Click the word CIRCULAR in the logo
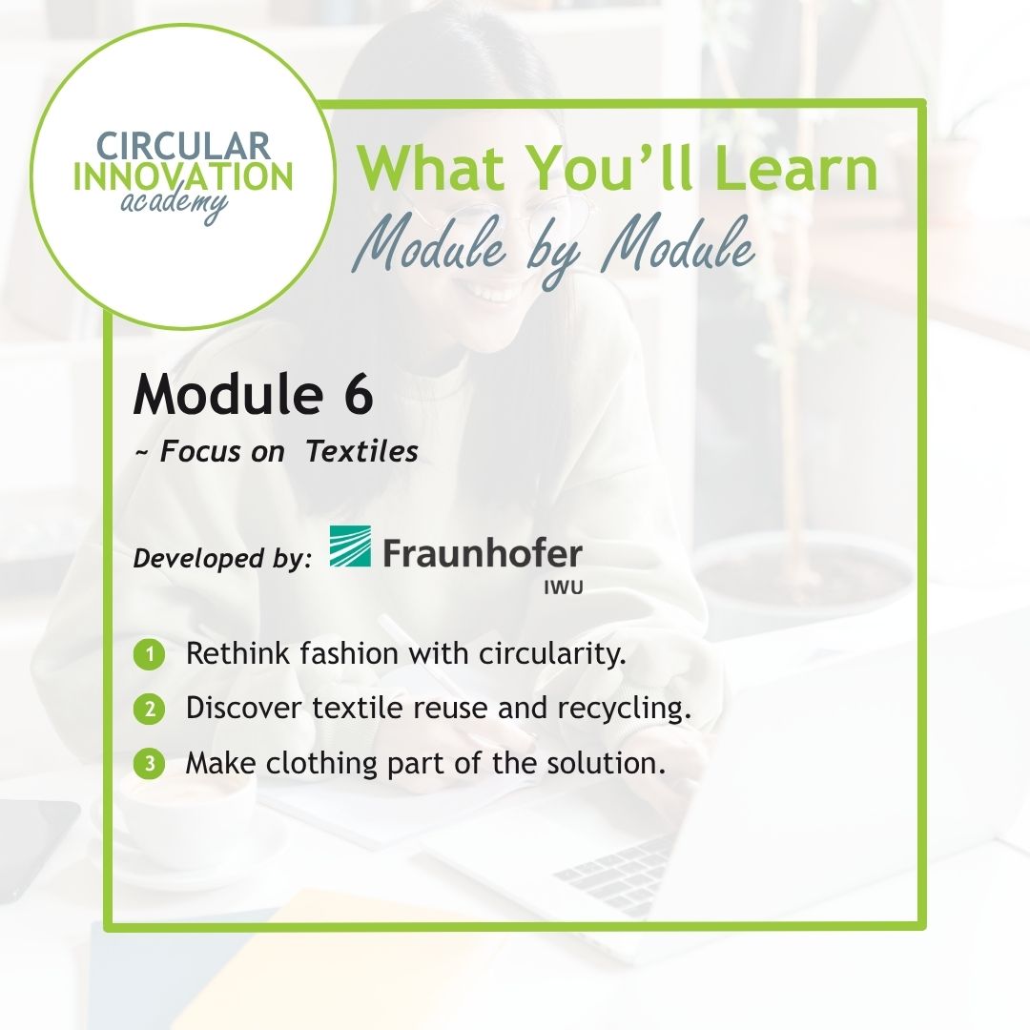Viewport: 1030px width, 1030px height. click(183, 146)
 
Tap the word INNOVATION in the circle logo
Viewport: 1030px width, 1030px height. click(183, 176)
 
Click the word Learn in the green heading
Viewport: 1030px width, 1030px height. click(795, 168)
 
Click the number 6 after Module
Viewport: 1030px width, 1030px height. click(358, 394)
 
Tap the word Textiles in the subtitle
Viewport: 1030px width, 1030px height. click(362, 452)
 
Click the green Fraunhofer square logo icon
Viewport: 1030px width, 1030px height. click(350, 546)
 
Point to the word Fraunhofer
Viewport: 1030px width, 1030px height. click(483, 553)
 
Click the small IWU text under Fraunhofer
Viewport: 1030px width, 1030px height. click(564, 587)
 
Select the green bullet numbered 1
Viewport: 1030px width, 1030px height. click(149, 655)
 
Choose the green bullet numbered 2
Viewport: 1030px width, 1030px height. click(149, 710)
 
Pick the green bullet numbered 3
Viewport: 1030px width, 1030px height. click(149, 764)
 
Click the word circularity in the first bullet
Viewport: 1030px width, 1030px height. click(552, 654)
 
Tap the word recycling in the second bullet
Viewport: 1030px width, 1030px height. click(624, 709)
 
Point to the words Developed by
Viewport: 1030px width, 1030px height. click(222, 559)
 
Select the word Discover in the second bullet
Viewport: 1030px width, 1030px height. click(243, 709)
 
